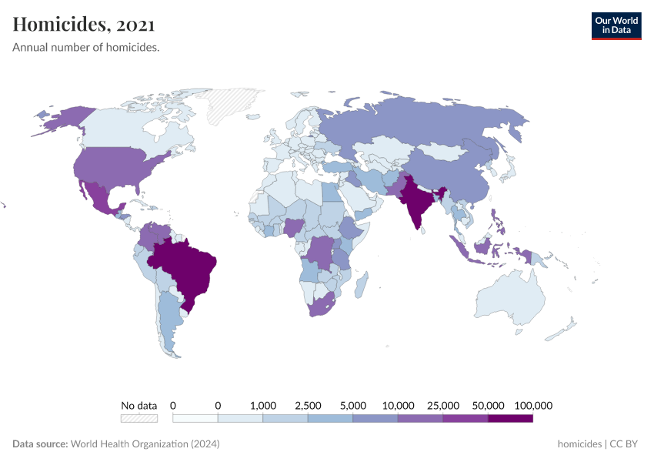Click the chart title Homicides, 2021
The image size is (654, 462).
pyautogui.click(x=84, y=25)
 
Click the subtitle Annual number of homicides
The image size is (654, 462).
pyautogui.click(x=86, y=48)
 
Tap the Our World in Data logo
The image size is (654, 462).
pyautogui.click(x=616, y=25)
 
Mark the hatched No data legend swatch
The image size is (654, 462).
pyautogui.click(x=139, y=418)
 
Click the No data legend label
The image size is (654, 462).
pyautogui.click(x=139, y=405)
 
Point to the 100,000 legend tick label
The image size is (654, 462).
pyautogui.click(x=532, y=405)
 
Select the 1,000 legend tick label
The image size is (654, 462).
pyautogui.click(x=263, y=405)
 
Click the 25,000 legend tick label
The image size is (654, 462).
pyautogui.click(x=443, y=405)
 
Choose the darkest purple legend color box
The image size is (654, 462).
pyautogui.click(x=510, y=418)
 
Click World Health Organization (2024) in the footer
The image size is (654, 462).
pyautogui.click(x=145, y=444)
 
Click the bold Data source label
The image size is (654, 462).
pyautogui.click(x=40, y=444)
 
